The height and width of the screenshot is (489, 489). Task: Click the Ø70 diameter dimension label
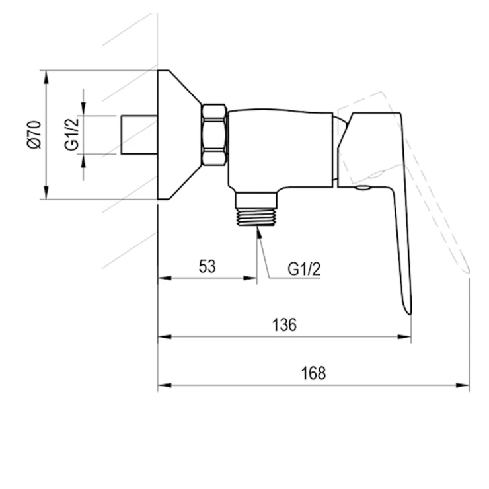[34, 134]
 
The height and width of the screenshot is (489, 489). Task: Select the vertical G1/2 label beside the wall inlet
[72, 134]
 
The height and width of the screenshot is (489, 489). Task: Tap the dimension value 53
[207, 266]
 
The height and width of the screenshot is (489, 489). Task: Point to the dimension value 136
[284, 324]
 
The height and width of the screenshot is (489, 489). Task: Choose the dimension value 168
[313, 373]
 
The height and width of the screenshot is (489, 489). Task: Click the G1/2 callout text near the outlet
[304, 269]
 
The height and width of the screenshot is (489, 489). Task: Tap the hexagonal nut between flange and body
[214, 134]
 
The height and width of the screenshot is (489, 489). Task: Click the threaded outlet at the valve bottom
[256, 209]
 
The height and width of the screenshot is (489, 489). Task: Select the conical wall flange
[179, 134]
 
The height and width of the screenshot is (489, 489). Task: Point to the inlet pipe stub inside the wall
[139, 134]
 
